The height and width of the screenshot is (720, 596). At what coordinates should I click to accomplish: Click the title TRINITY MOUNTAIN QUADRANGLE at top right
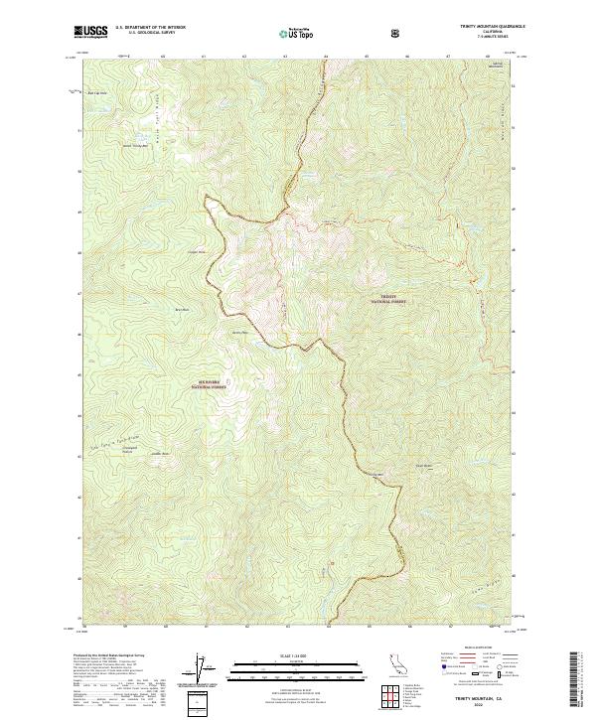pyautogui.click(x=484, y=27)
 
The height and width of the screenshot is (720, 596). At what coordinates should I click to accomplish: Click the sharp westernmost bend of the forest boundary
pyautogui.click(x=206, y=199)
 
